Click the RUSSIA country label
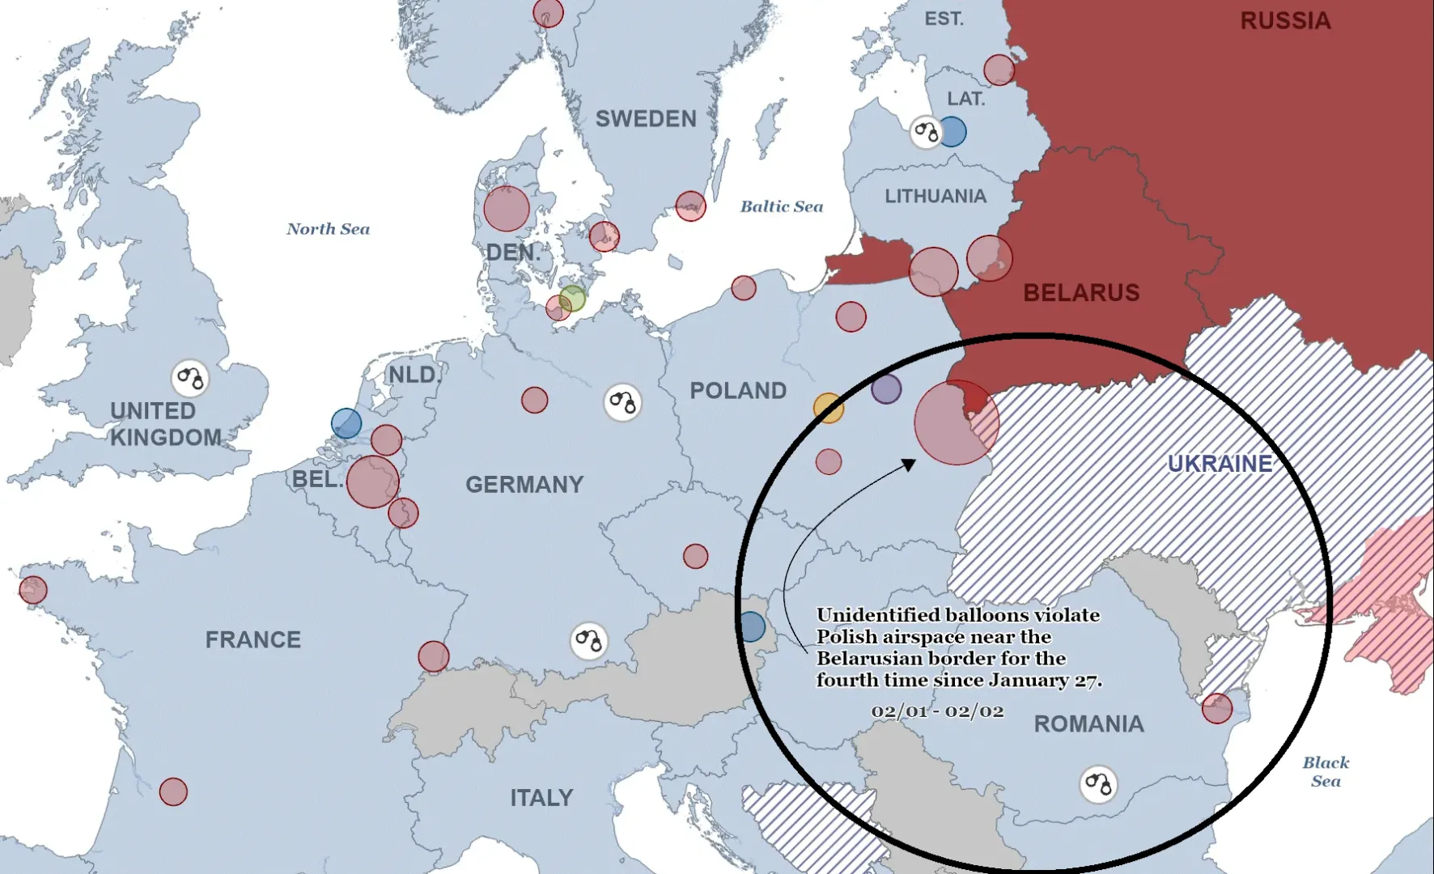[x=1285, y=20]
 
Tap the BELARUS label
[x=1081, y=293]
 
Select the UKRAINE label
[x=1220, y=464]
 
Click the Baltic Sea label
[x=781, y=206]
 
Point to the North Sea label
[x=328, y=229]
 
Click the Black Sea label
[x=1326, y=771]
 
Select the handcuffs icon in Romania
[x=1098, y=783]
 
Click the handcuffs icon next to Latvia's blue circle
[x=926, y=132]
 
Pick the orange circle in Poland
[x=828, y=408]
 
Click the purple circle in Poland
[x=886, y=389]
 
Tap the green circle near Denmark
[x=572, y=299]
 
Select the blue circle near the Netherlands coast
[x=346, y=423]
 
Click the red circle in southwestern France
[x=173, y=791]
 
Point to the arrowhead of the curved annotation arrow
[x=910, y=465]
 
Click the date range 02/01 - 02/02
[x=937, y=711]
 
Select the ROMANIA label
[x=1088, y=723]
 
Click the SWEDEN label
[x=646, y=119]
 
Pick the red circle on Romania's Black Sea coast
[x=1216, y=709]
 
